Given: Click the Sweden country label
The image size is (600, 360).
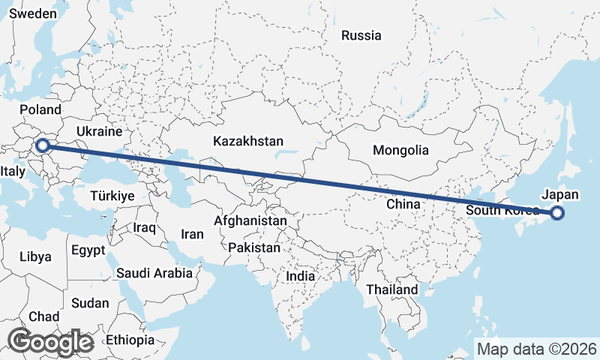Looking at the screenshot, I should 32,14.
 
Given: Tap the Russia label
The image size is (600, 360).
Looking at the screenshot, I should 361,35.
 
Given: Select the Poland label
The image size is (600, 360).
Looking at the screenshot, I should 40,110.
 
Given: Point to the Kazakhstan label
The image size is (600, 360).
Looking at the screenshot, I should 247,141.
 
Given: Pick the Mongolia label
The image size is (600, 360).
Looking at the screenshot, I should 400,150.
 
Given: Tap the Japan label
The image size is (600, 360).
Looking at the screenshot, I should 559,195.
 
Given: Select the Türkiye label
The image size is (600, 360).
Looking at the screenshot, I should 112,196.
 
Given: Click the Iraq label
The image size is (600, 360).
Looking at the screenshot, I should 143,226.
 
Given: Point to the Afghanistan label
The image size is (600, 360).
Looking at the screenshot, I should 250,221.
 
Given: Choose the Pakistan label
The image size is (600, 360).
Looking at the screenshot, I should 255,247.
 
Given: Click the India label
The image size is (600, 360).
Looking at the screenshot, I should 301,276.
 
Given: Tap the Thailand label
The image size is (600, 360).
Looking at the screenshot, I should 391,289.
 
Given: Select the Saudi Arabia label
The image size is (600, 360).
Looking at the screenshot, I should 154,273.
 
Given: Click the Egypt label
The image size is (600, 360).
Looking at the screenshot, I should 89,250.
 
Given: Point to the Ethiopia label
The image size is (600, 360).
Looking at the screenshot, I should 130,340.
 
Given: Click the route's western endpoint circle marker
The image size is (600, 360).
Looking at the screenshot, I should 43,145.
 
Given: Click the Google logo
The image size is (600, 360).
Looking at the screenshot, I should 50,342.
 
